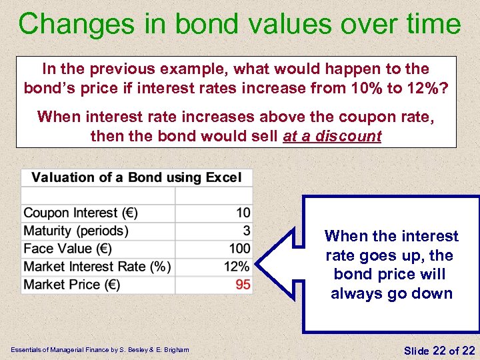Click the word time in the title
tap(432, 24)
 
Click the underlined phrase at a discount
tap(332, 137)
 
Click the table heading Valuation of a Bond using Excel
tap(137, 177)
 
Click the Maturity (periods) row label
tap(75, 231)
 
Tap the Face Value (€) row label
tap(67, 249)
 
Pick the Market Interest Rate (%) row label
tap(97, 267)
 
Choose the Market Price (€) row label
tap(71, 285)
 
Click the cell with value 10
tap(243, 213)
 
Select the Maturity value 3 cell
tap(247, 231)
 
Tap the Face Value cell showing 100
tap(239, 249)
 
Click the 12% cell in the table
tap(237, 267)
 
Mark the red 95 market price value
tap(243, 285)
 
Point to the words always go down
tap(391, 294)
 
